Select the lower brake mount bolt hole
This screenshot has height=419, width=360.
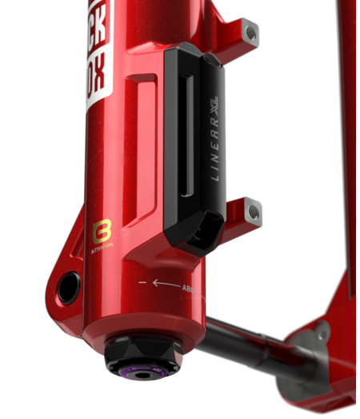[254, 211]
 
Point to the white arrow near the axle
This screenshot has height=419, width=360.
[166, 283]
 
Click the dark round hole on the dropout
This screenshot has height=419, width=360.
[67, 284]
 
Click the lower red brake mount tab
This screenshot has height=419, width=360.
[239, 213]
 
